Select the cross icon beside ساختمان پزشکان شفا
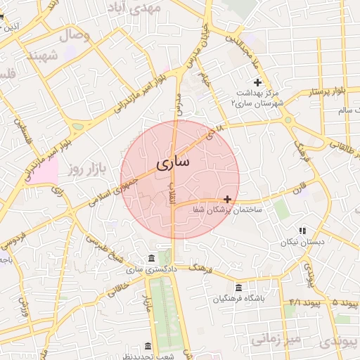point(227,199)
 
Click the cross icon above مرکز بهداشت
point(257,83)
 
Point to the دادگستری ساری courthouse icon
point(152,258)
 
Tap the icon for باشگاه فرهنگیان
point(239,288)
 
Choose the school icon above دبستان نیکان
point(302,230)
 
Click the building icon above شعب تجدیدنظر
point(148,346)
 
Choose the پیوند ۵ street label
point(345,303)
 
